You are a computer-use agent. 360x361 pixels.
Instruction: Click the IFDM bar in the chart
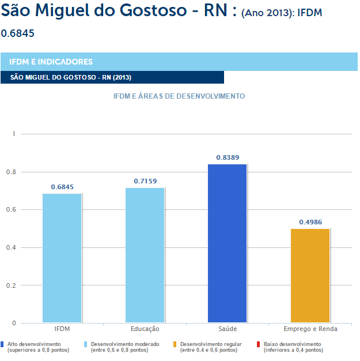[x=62, y=258]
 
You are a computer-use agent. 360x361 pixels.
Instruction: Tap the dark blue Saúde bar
[x=228, y=243]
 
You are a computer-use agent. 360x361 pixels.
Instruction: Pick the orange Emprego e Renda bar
[x=310, y=276]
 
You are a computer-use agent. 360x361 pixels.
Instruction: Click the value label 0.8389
[x=228, y=157]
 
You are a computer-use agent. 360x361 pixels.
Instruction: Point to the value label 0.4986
[x=310, y=221]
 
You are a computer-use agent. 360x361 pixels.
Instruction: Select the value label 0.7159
[x=145, y=180]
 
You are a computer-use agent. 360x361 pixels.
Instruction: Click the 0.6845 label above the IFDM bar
[x=62, y=187]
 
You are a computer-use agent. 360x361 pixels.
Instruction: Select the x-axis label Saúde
[x=228, y=329]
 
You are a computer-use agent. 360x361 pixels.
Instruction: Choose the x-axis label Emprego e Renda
[x=310, y=329]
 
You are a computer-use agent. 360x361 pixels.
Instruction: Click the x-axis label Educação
[x=145, y=329]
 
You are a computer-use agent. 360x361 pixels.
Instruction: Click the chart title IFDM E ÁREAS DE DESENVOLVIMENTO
[x=180, y=96]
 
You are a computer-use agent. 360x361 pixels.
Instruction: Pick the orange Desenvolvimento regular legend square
[x=175, y=344]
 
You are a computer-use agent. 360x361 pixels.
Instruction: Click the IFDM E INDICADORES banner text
[x=51, y=62]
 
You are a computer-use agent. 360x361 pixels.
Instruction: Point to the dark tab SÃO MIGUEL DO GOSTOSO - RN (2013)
[x=71, y=77]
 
